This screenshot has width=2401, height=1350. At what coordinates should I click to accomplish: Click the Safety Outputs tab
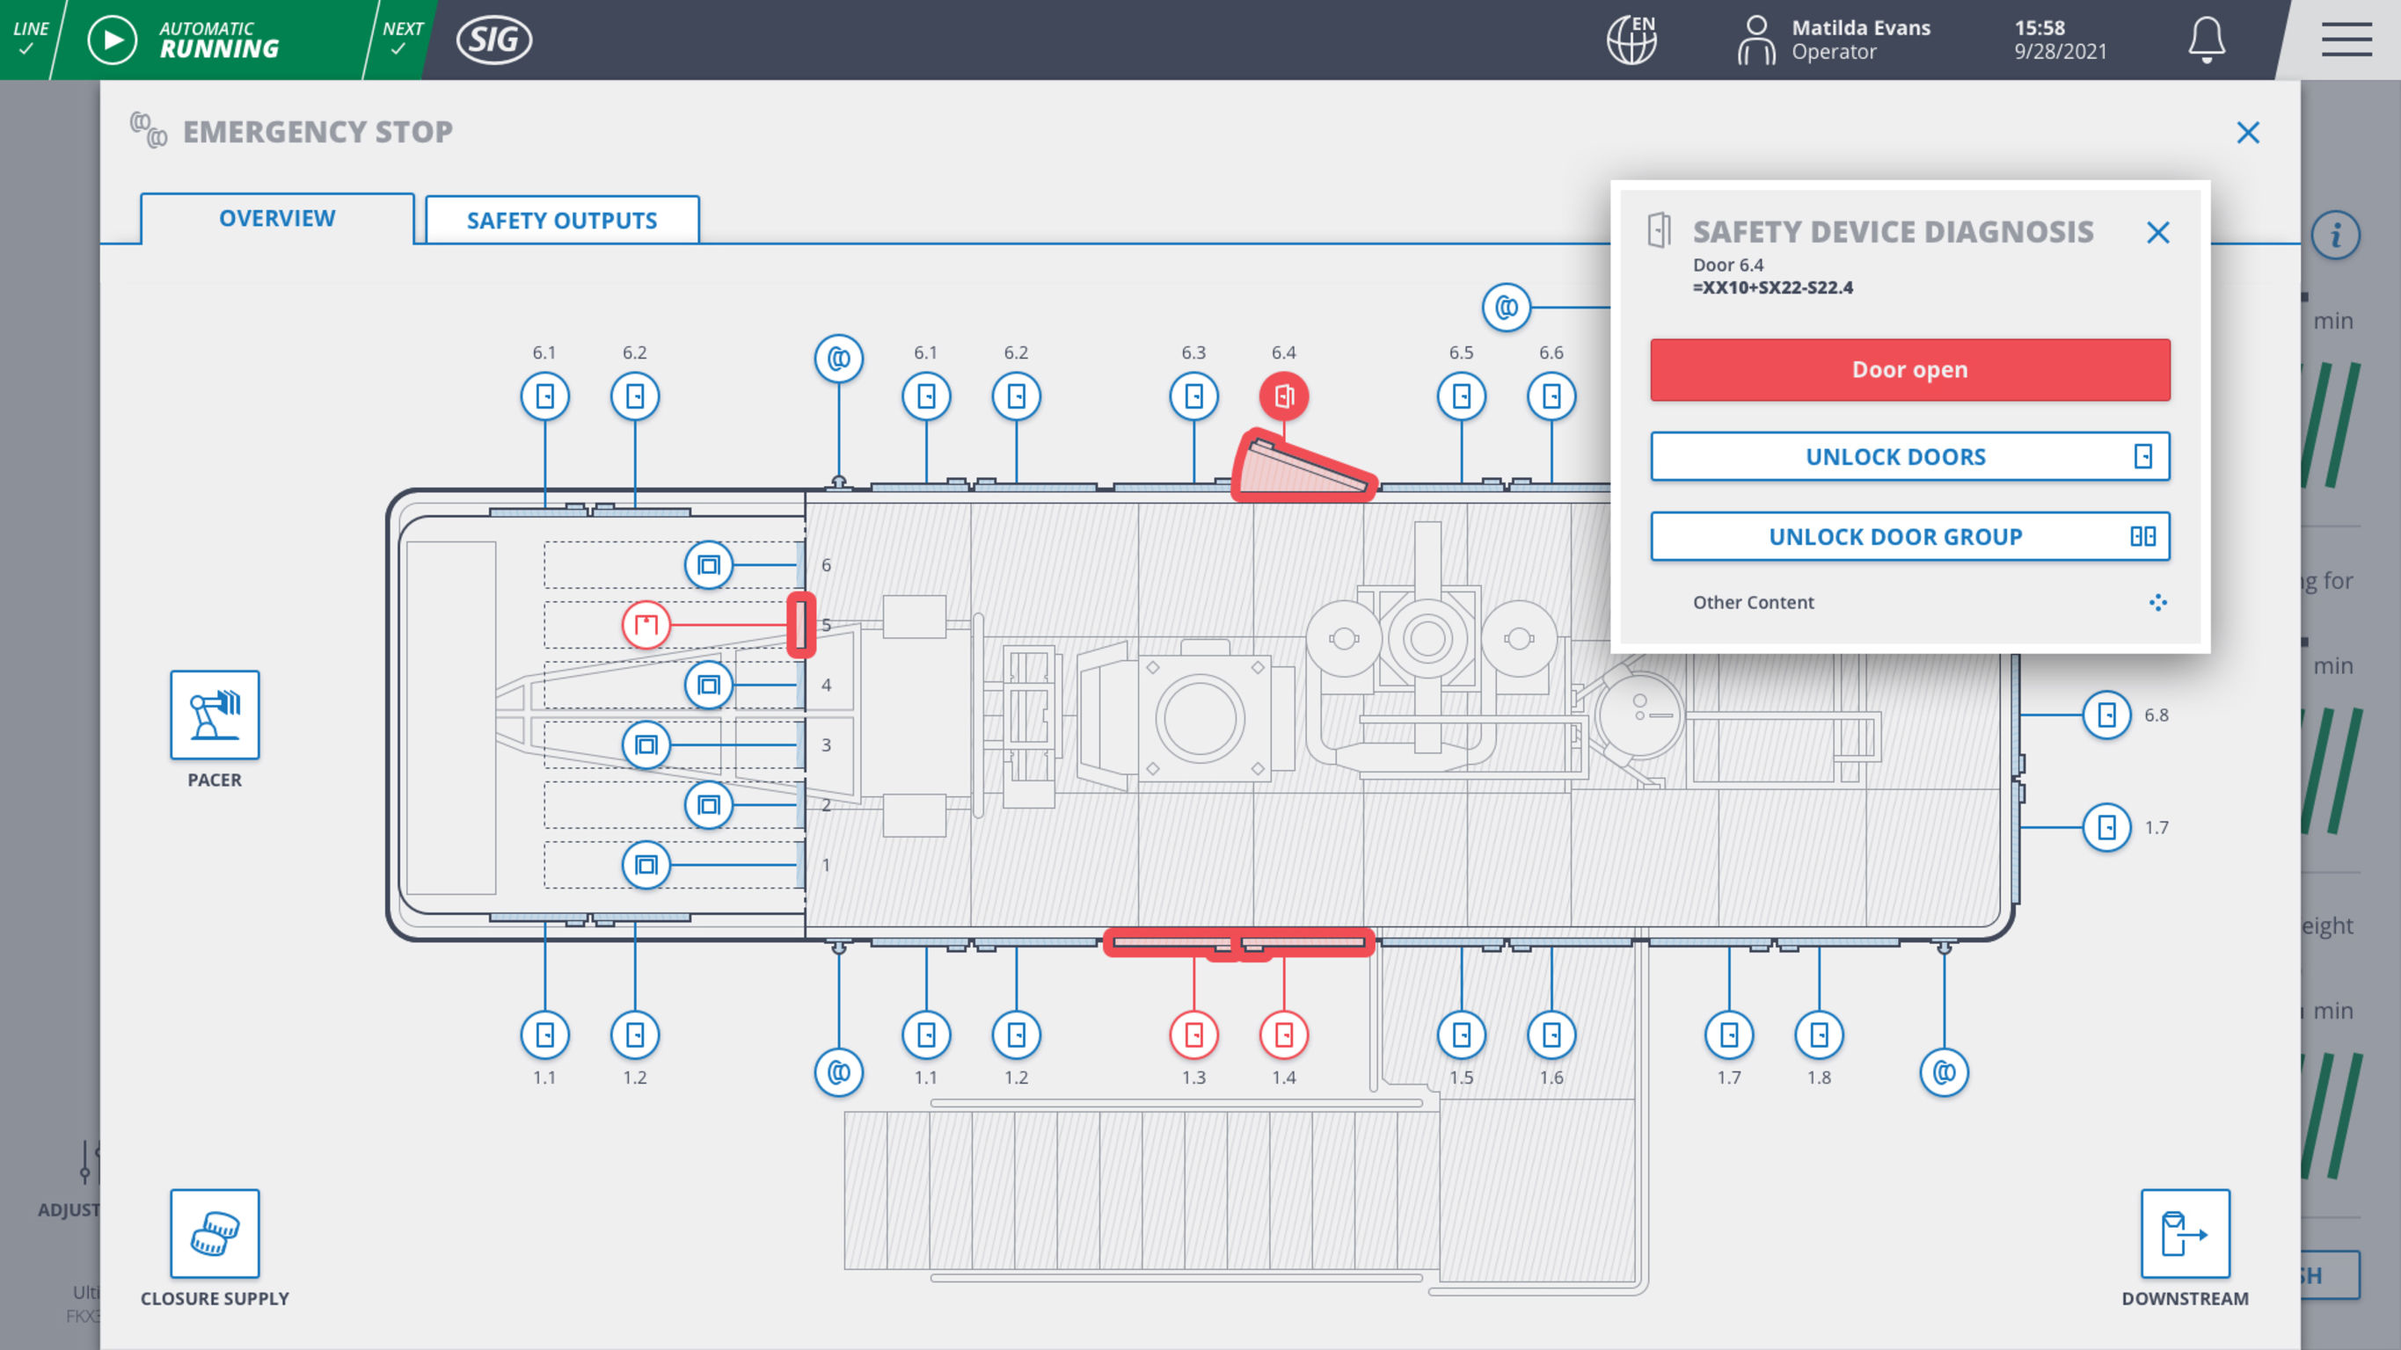[x=562, y=220]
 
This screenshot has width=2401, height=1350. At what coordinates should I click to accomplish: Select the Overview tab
[x=277, y=218]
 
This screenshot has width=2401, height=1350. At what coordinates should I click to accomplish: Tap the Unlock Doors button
[x=1908, y=456]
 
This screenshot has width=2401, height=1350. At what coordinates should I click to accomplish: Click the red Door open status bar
[x=1908, y=370]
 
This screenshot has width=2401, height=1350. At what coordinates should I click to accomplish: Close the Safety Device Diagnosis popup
[x=2157, y=232]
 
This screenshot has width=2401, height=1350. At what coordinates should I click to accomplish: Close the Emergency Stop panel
[x=2247, y=133]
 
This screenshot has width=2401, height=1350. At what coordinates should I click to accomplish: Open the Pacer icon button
[x=215, y=715]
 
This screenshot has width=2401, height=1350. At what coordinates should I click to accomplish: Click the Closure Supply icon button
[x=215, y=1232]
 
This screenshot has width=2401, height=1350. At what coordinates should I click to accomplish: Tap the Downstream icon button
[x=2184, y=1232]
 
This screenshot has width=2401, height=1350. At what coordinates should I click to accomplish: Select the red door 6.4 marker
[x=1283, y=396]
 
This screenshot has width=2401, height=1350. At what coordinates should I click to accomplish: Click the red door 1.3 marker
[x=1193, y=1034]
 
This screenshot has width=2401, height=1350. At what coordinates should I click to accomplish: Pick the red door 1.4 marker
[x=1283, y=1034]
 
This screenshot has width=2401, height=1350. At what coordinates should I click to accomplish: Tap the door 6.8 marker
[x=2105, y=715]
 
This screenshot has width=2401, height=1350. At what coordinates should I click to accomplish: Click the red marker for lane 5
[x=646, y=624]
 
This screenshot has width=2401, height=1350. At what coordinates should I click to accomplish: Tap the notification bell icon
[x=2207, y=40]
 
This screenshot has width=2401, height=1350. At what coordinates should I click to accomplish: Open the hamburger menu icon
[x=2345, y=40]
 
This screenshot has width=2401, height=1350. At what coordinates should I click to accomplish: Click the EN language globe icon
[x=1631, y=40]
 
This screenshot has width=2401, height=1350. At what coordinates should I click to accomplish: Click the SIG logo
[x=494, y=40]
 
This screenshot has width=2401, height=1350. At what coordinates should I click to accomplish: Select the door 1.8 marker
[x=1819, y=1034]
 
